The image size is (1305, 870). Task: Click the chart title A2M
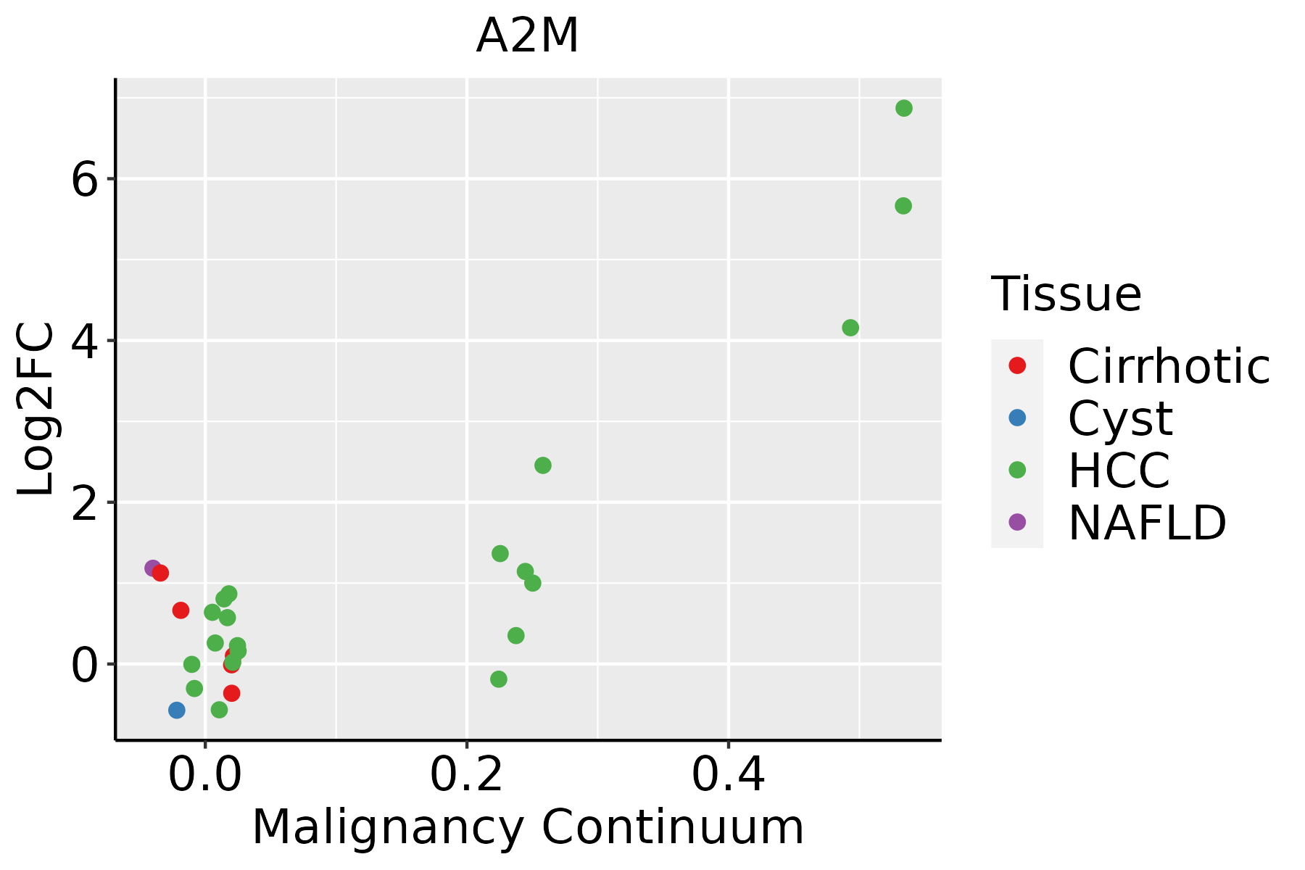527,36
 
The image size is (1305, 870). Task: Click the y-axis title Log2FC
36,410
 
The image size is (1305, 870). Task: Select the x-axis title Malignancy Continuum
527,827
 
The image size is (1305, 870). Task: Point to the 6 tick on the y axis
84,179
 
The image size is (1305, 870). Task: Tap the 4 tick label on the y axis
84,341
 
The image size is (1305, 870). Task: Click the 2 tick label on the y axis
84,502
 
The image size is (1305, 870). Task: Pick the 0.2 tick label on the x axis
467,776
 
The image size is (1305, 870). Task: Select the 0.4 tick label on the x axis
728,776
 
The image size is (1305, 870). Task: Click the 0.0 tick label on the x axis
205,776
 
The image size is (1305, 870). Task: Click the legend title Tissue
1066,294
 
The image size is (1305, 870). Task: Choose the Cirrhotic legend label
1169,366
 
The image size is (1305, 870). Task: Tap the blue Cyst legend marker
1017,418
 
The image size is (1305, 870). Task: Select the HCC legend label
1119,470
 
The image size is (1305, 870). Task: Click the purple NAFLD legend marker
1017,521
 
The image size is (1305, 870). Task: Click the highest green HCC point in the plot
903,108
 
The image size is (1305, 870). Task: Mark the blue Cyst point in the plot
177,710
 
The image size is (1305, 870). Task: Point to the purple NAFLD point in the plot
152,568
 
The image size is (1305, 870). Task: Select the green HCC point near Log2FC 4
850,328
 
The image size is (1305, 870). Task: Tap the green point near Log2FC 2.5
543,465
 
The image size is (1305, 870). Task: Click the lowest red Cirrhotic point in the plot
232,693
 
